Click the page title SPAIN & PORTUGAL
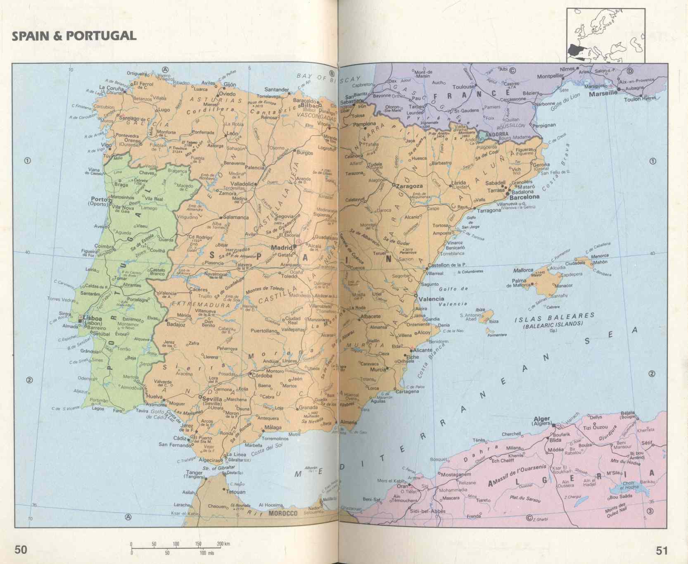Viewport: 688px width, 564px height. click(74, 36)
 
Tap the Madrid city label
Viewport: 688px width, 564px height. click(282, 247)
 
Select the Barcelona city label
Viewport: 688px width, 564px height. click(524, 197)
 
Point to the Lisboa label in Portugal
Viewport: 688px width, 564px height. click(93, 319)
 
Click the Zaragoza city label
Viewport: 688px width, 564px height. click(409, 186)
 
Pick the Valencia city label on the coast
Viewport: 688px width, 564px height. click(432, 299)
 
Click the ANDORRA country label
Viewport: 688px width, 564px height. click(497, 134)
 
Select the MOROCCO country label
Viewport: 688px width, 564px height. click(283, 513)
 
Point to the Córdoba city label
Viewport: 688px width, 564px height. click(262, 376)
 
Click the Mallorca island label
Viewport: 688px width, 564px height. click(523, 270)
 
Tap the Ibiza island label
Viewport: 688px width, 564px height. click(480, 309)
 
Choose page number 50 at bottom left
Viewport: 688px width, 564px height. click(21, 550)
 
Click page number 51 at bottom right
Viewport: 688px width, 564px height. click(662, 550)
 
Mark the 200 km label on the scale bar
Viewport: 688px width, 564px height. click(223, 544)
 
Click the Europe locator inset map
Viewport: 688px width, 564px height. click(605, 36)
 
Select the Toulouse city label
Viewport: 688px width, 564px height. click(463, 87)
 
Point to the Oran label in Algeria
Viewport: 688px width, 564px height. click(402, 486)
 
